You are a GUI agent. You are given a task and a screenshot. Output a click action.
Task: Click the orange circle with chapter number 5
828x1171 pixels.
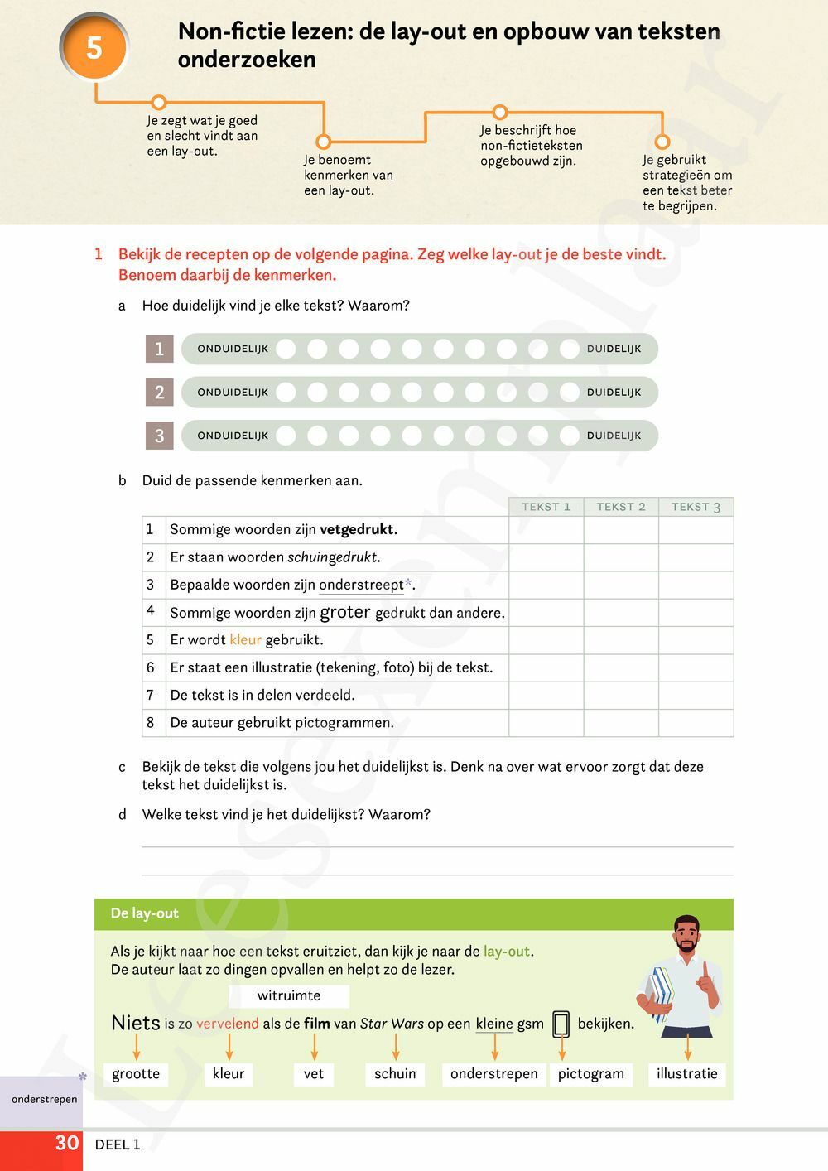point(94,47)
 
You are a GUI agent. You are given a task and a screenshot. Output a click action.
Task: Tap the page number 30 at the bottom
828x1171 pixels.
point(67,1143)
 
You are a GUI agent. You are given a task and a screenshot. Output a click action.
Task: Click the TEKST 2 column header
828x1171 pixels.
point(621,507)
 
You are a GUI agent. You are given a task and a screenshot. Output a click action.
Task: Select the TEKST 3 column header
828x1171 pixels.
point(696,507)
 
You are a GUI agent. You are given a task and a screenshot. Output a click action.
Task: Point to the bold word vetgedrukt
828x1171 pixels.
point(357,529)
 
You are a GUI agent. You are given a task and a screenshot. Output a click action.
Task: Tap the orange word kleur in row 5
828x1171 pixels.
point(245,639)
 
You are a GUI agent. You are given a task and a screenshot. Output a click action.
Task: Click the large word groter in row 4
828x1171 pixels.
point(345,612)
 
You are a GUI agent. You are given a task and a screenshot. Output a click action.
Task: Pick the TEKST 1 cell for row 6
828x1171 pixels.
point(546,667)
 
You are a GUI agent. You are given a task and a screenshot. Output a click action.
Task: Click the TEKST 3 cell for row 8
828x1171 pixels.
point(696,723)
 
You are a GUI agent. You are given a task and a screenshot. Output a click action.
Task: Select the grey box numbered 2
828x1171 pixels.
point(160,392)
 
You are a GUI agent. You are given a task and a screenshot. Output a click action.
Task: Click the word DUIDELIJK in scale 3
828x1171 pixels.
point(614,436)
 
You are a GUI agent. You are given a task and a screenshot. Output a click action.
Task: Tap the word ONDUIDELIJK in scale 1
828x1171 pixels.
point(233,349)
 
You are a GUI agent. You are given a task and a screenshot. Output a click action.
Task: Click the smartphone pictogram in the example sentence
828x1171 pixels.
point(561,1024)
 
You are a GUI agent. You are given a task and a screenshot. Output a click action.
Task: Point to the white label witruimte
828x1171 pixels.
point(289,995)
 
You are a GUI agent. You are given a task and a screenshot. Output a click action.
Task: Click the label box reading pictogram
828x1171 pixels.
point(591,1073)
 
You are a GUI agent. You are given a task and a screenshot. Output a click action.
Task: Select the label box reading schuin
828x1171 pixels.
point(395,1073)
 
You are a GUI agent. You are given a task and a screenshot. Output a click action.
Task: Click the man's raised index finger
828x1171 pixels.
point(705,969)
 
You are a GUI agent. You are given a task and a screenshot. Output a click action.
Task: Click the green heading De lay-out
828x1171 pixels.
point(145,913)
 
